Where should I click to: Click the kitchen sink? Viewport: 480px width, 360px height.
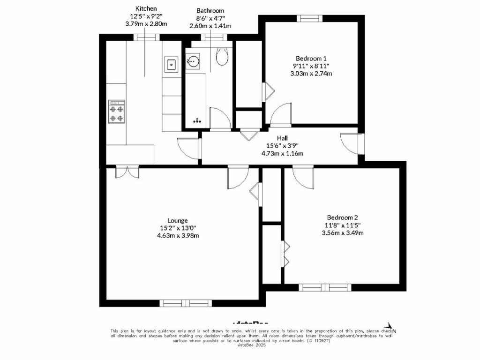pyautogui.click(x=171, y=64)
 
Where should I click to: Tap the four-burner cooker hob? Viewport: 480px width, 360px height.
pyautogui.click(x=117, y=112)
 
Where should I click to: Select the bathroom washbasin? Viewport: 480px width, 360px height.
pyautogui.click(x=193, y=60)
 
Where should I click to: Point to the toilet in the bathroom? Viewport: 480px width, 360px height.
pyautogui.click(x=222, y=56)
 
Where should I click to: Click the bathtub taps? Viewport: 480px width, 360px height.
pyautogui.click(x=197, y=121)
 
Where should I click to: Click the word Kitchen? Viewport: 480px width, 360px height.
pyautogui.click(x=146, y=8)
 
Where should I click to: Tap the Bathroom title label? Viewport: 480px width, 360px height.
pyautogui.click(x=210, y=10)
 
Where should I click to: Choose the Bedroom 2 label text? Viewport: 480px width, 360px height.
pyautogui.click(x=342, y=217)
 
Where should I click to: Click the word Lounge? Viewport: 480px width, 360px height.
pyautogui.click(x=178, y=220)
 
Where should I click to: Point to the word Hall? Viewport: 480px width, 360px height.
pyautogui.click(x=282, y=138)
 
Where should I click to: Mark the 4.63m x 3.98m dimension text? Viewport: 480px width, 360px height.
pyautogui.click(x=178, y=236)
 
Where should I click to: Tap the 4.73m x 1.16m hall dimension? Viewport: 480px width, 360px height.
pyautogui.click(x=282, y=153)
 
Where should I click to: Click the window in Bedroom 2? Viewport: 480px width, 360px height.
pyautogui.click(x=325, y=287)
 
